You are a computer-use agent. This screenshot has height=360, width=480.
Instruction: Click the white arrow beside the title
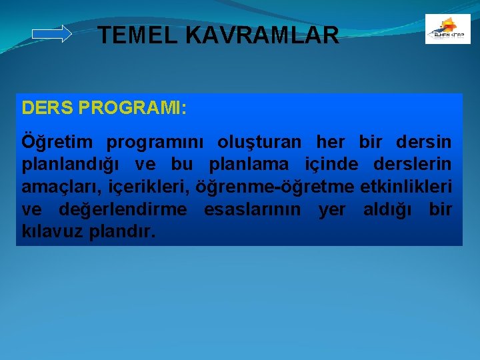pos(52,34)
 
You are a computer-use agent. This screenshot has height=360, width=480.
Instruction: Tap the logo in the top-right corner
pos(447,29)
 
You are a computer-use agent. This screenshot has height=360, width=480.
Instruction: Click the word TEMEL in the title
pos(136,35)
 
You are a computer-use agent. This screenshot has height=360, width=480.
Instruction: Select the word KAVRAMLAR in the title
pos(263,35)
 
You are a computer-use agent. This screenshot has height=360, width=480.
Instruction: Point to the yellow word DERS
pos(47,108)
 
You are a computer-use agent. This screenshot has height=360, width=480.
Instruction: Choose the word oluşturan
pos(259,143)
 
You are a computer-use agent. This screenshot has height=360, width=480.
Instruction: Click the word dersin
pos(423,143)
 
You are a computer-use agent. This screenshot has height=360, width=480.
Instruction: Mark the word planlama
pos(249,165)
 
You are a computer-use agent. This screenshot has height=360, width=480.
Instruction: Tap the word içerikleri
pos(147,187)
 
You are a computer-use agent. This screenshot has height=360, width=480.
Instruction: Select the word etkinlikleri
pos(406,187)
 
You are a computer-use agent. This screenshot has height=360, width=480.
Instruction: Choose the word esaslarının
pos(253,210)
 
